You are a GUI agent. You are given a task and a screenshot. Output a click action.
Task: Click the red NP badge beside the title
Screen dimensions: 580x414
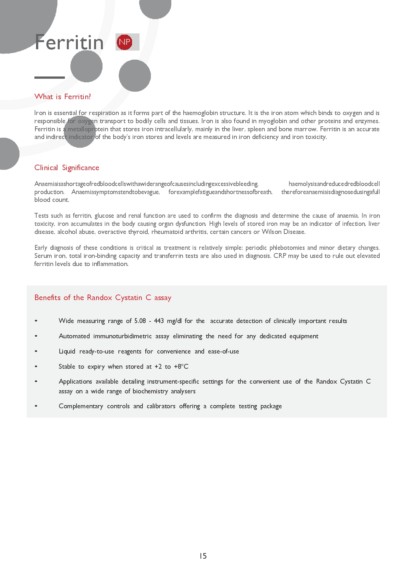(124, 42)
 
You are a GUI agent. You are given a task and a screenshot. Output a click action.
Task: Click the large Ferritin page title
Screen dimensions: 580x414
(69, 42)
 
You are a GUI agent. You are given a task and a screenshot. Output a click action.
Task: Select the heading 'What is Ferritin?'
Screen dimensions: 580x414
(63, 97)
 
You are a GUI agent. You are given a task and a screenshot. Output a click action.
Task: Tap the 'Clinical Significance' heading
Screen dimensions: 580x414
(67, 168)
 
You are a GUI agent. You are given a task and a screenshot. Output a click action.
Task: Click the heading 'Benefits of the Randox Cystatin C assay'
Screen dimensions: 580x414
(103, 297)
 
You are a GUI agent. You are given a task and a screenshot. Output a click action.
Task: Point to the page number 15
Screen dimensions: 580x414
(203, 556)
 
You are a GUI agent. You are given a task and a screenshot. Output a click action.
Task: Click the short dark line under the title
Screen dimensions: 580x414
(50, 77)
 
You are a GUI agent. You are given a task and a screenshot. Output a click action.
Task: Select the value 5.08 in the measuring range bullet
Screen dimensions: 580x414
(140, 321)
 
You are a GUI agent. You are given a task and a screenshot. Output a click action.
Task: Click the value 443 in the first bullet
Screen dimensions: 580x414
(159, 321)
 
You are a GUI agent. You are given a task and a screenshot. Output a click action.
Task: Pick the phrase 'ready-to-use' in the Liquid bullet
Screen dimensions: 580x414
(97, 351)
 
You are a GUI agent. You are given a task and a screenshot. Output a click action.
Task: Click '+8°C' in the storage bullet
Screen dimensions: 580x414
(181, 366)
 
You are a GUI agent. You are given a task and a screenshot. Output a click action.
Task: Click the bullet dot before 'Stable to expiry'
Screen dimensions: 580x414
(36, 366)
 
